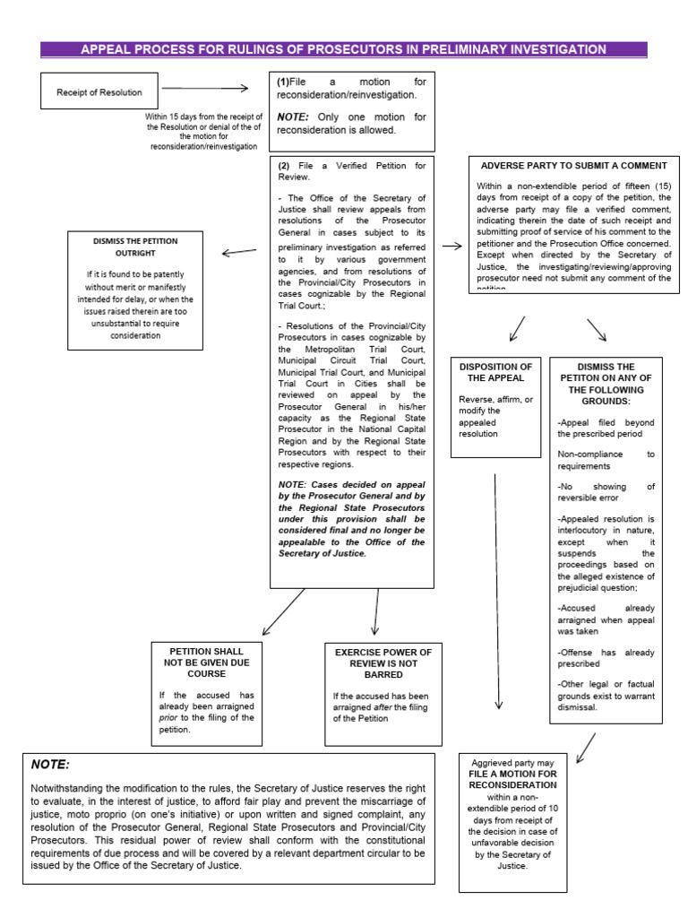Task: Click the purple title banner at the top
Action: [344, 49]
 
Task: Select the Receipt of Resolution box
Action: [99, 91]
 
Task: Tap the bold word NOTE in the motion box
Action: [292, 117]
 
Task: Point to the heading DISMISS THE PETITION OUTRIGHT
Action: [135, 247]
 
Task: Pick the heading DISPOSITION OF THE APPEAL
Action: [495, 372]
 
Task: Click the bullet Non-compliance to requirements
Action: [606, 460]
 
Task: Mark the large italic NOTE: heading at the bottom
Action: [50, 764]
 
